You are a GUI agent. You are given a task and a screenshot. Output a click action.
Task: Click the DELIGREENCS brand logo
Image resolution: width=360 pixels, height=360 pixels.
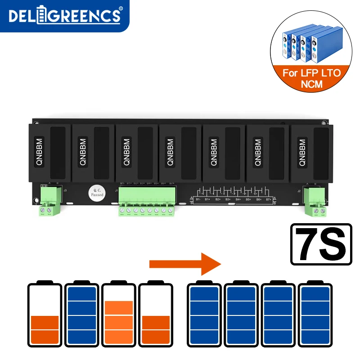pyautogui.click(x=65, y=16)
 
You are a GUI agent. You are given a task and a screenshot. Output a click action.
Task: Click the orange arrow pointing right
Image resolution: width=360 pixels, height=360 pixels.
pyautogui.click(x=185, y=264)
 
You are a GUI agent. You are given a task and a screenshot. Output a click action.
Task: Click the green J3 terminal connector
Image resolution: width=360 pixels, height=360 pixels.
pyautogui.click(x=50, y=201)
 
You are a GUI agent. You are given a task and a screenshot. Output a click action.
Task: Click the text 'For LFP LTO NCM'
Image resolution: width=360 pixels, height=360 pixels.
pyautogui.click(x=311, y=78)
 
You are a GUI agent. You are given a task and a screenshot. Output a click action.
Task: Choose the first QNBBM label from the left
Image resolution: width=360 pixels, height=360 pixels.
pyautogui.click(x=39, y=152)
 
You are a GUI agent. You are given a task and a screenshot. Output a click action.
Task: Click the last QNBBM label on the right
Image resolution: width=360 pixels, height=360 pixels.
pyautogui.click(x=301, y=152)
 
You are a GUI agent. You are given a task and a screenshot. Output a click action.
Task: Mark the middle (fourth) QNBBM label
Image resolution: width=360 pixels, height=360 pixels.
pyautogui.click(x=170, y=152)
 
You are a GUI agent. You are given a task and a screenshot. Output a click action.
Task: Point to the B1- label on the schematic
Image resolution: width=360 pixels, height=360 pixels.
pyautogui.click(x=197, y=198)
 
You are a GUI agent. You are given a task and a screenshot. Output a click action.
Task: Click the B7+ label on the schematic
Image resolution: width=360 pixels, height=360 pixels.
pyautogui.click(x=269, y=198)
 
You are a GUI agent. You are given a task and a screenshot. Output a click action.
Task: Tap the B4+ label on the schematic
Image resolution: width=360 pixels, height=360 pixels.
pyautogui.click(x=238, y=198)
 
